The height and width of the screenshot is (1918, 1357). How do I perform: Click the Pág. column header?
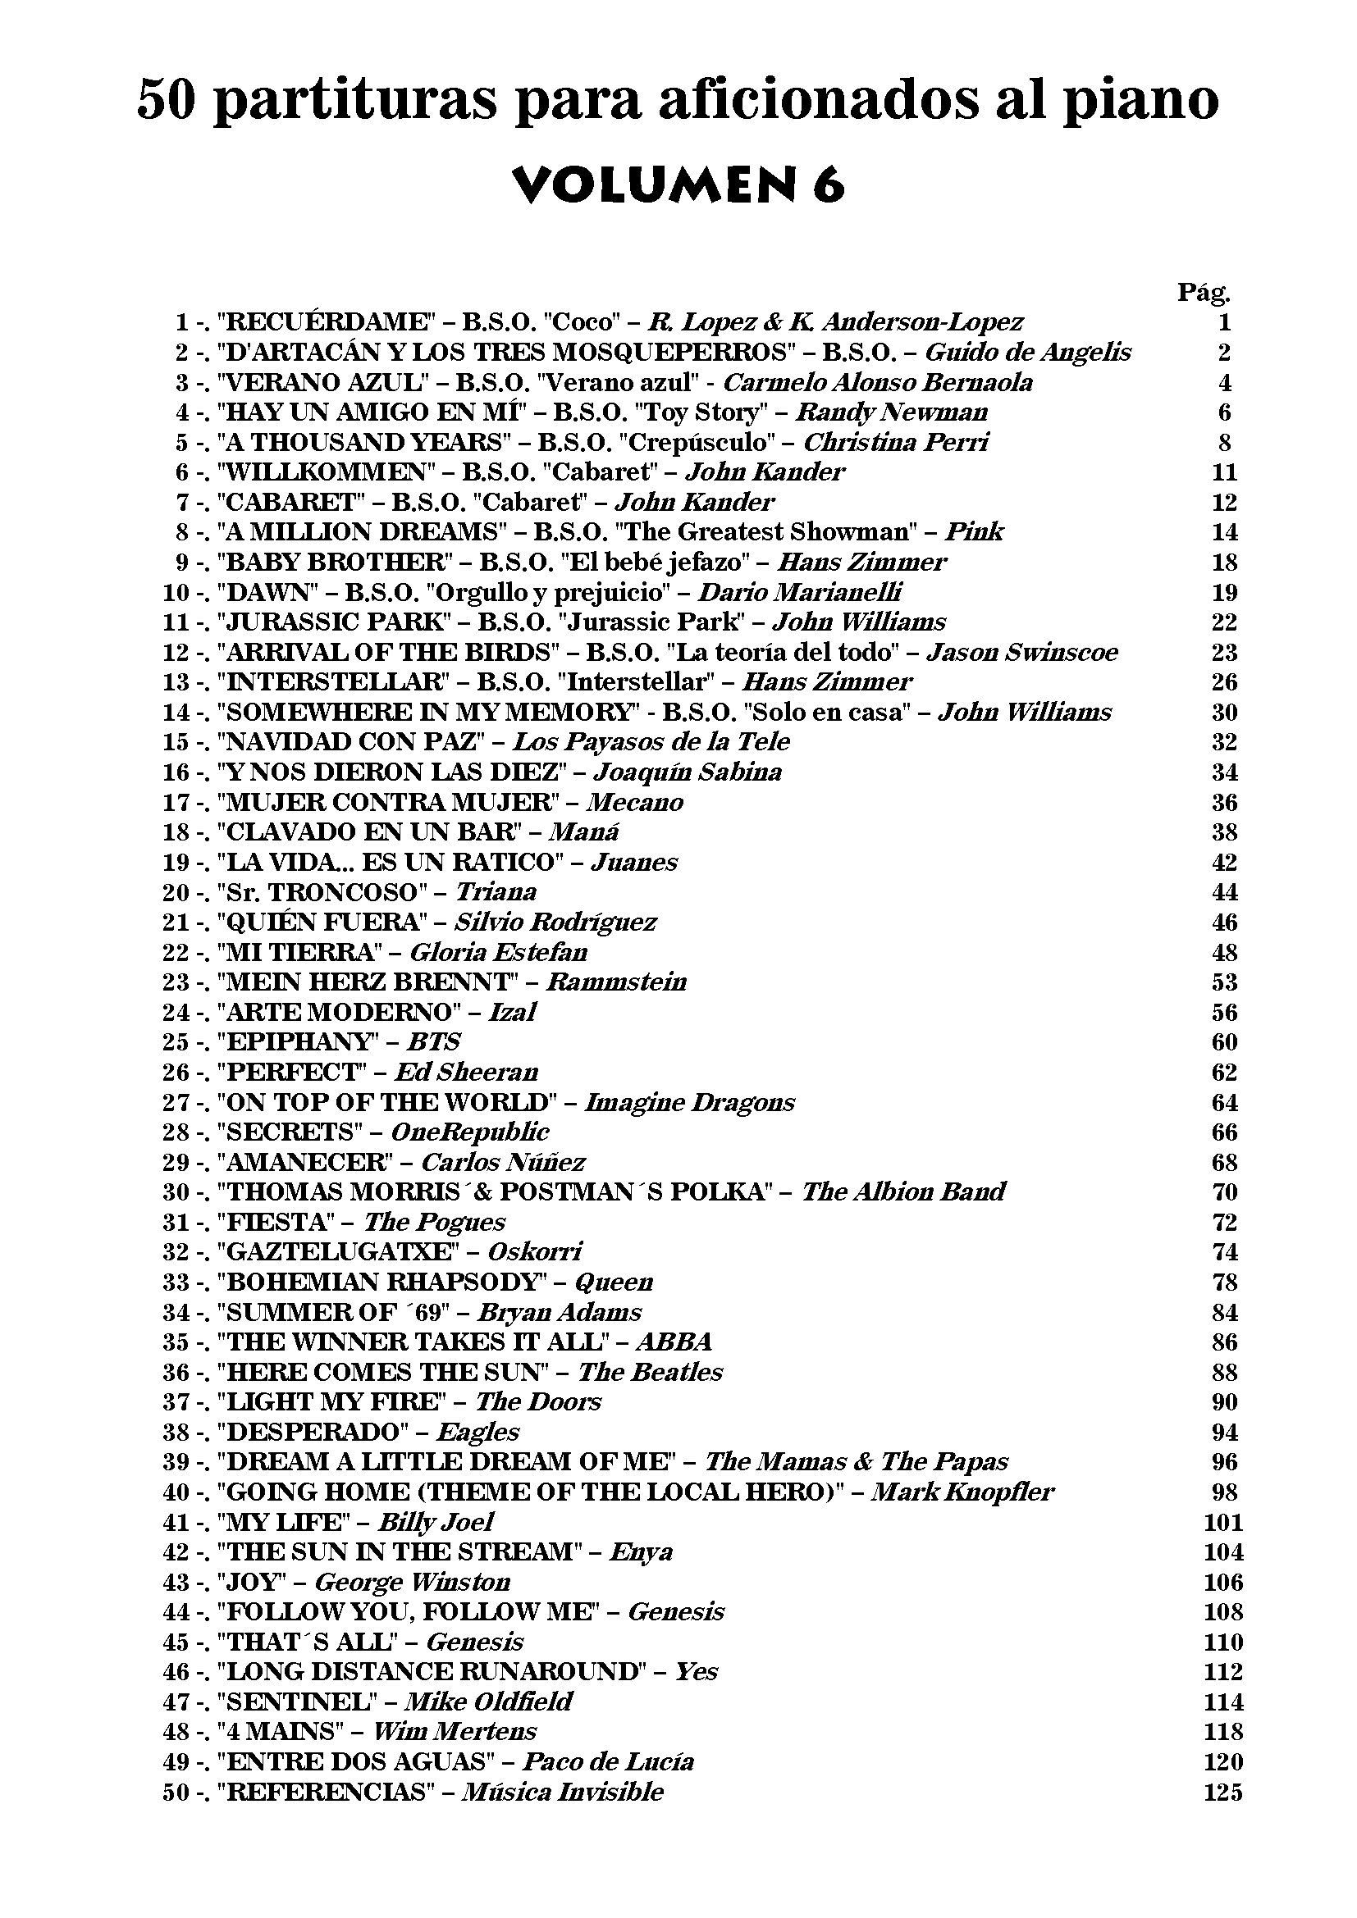(1204, 292)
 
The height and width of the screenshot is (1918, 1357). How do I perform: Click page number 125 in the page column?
(1223, 1791)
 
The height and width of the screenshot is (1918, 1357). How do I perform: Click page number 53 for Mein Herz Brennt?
(1224, 981)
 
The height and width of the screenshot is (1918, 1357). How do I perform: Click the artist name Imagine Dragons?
(689, 1101)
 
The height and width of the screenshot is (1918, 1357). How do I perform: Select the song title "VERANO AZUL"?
(326, 382)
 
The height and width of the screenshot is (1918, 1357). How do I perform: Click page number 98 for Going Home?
(1224, 1491)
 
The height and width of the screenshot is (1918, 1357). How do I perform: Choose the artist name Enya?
(641, 1551)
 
